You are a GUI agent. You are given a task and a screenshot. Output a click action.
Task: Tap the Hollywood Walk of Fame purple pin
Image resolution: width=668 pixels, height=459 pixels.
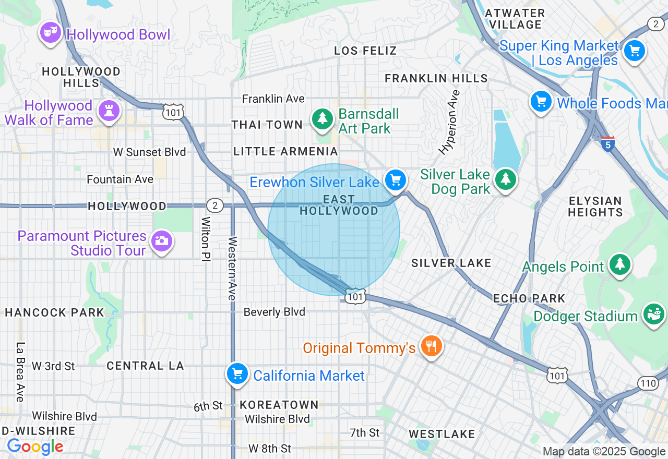(109, 111)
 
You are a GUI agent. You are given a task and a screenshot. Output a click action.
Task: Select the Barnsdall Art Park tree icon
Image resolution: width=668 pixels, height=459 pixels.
(323, 119)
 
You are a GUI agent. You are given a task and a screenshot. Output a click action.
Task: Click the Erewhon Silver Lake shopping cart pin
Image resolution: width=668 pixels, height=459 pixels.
(396, 180)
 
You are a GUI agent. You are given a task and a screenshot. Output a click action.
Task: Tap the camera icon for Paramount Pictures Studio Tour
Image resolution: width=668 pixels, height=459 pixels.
(161, 241)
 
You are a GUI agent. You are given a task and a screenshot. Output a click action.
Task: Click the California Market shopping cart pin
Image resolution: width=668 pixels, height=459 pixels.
(237, 374)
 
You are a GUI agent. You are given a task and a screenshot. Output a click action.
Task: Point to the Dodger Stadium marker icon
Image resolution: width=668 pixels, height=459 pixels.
(653, 315)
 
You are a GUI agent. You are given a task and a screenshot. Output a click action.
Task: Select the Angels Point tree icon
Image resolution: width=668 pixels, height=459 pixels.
(619, 265)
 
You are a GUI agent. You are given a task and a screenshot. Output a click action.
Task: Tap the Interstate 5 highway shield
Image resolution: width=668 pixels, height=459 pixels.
(607, 143)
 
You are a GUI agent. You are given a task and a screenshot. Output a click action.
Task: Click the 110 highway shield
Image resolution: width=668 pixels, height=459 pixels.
(648, 383)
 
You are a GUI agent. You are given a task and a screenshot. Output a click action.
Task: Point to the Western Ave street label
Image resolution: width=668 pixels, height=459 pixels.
(233, 268)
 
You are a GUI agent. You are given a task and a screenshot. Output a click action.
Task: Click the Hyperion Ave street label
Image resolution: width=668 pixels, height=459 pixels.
(450, 123)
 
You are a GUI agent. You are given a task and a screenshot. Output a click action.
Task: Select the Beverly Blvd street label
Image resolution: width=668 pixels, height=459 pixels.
(275, 312)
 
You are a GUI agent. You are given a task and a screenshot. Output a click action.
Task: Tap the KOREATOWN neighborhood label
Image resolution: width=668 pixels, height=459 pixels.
(279, 405)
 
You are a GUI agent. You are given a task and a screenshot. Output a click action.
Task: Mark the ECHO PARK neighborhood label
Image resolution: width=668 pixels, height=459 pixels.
(529, 298)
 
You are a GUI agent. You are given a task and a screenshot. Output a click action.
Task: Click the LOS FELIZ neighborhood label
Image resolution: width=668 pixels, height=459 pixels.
(365, 51)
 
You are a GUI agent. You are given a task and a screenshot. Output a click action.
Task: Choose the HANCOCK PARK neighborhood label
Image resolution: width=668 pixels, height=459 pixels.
(55, 312)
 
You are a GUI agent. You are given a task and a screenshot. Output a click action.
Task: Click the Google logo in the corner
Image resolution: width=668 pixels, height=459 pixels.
(35, 446)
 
